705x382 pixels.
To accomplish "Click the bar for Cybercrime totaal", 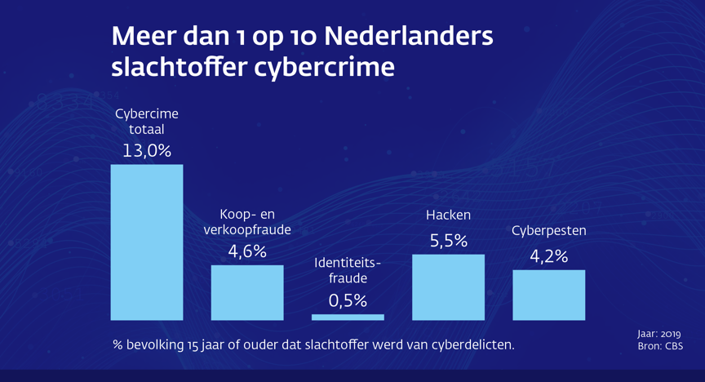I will tap(147, 242).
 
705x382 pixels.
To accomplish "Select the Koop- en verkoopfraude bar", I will tap(247, 292).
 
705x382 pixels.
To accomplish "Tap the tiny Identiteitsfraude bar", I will tap(348, 317).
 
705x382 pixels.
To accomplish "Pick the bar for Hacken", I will tap(448, 287).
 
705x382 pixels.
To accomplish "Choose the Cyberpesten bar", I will tap(548, 295).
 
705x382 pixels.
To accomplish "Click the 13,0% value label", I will tap(147, 151).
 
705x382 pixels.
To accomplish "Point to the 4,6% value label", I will tap(247, 251).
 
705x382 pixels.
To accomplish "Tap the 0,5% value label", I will tap(348, 300).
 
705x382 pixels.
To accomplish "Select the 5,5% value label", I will tap(448, 241).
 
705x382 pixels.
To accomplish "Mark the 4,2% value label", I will tap(548, 256).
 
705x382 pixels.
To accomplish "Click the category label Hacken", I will tap(448, 215).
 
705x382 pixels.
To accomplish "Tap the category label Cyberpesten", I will tap(548, 231).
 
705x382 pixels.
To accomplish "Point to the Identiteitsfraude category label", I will tap(348, 270).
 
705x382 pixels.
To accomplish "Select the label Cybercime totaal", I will tap(147, 121).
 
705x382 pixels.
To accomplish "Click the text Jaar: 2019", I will tap(657, 334).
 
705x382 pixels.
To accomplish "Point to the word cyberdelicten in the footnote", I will tap(470, 345).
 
